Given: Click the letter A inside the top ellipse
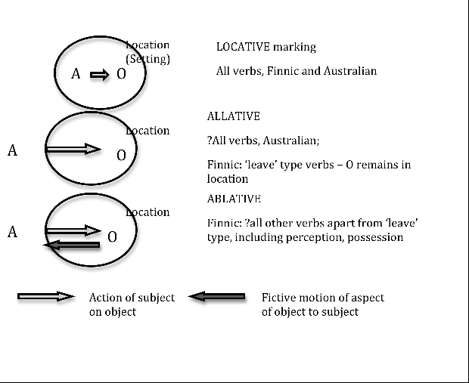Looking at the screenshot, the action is pyautogui.click(x=76, y=74).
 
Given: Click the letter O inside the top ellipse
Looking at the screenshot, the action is pyautogui.click(x=121, y=74).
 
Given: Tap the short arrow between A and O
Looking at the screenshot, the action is pyautogui.click(x=100, y=75).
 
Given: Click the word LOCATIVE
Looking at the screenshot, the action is pyautogui.click(x=243, y=47).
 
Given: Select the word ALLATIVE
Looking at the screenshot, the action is pyautogui.click(x=233, y=116).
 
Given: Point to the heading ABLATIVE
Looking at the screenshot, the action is pyautogui.click(x=234, y=199).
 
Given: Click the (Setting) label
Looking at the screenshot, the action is pyautogui.click(x=148, y=59).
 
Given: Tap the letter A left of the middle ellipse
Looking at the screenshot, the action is pyautogui.click(x=12, y=150).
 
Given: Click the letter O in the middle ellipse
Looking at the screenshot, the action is pyautogui.click(x=121, y=156).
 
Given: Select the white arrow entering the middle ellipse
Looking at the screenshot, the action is pyautogui.click(x=73, y=149).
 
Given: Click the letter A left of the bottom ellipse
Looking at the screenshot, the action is pyautogui.click(x=12, y=232).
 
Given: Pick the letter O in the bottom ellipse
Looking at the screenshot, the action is pyautogui.click(x=112, y=237).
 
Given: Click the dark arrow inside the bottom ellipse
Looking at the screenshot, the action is pyautogui.click(x=72, y=245).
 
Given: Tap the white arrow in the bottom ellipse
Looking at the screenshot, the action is pyautogui.click(x=73, y=230).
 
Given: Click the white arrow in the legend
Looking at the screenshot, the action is pyautogui.click(x=45, y=296).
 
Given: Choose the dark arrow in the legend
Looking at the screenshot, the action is pyautogui.click(x=217, y=296).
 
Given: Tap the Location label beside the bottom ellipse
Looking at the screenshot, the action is pyautogui.click(x=148, y=212).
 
